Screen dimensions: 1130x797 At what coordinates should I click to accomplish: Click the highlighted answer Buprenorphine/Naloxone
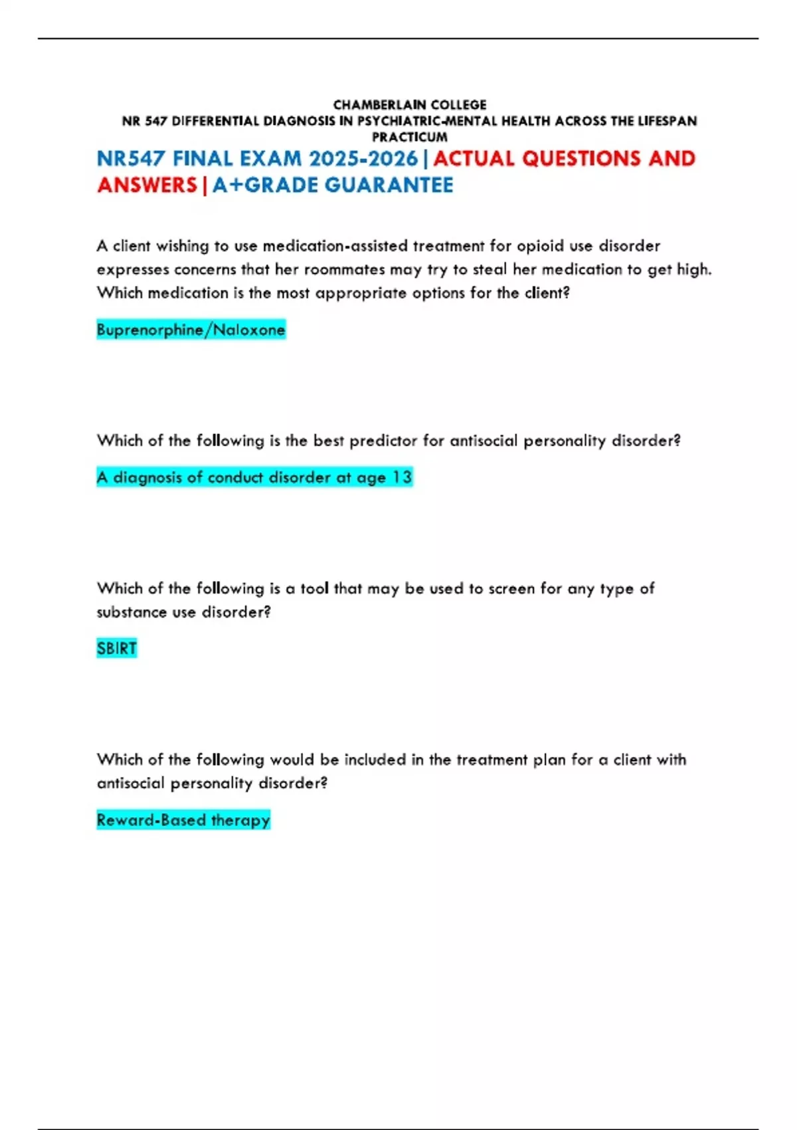(191, 330)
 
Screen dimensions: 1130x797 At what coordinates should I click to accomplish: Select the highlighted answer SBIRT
(117, 648)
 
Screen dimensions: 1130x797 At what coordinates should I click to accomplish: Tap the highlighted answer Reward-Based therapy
(183, 820)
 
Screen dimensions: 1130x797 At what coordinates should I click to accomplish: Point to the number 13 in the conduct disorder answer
(402, 477)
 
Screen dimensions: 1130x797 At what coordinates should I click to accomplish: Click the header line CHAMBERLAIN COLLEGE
(410, 105)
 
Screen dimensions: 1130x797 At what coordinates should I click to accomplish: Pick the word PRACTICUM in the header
(410, 137)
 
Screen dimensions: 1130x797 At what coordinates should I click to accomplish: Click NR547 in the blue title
(132, 159)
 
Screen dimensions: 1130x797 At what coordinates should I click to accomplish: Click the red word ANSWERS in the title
(147, 185)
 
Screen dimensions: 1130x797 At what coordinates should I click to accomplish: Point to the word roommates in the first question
(344, 269)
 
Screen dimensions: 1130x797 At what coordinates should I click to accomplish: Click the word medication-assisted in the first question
(335, 246)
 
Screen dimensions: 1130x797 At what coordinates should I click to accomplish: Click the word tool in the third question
(314, 588)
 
